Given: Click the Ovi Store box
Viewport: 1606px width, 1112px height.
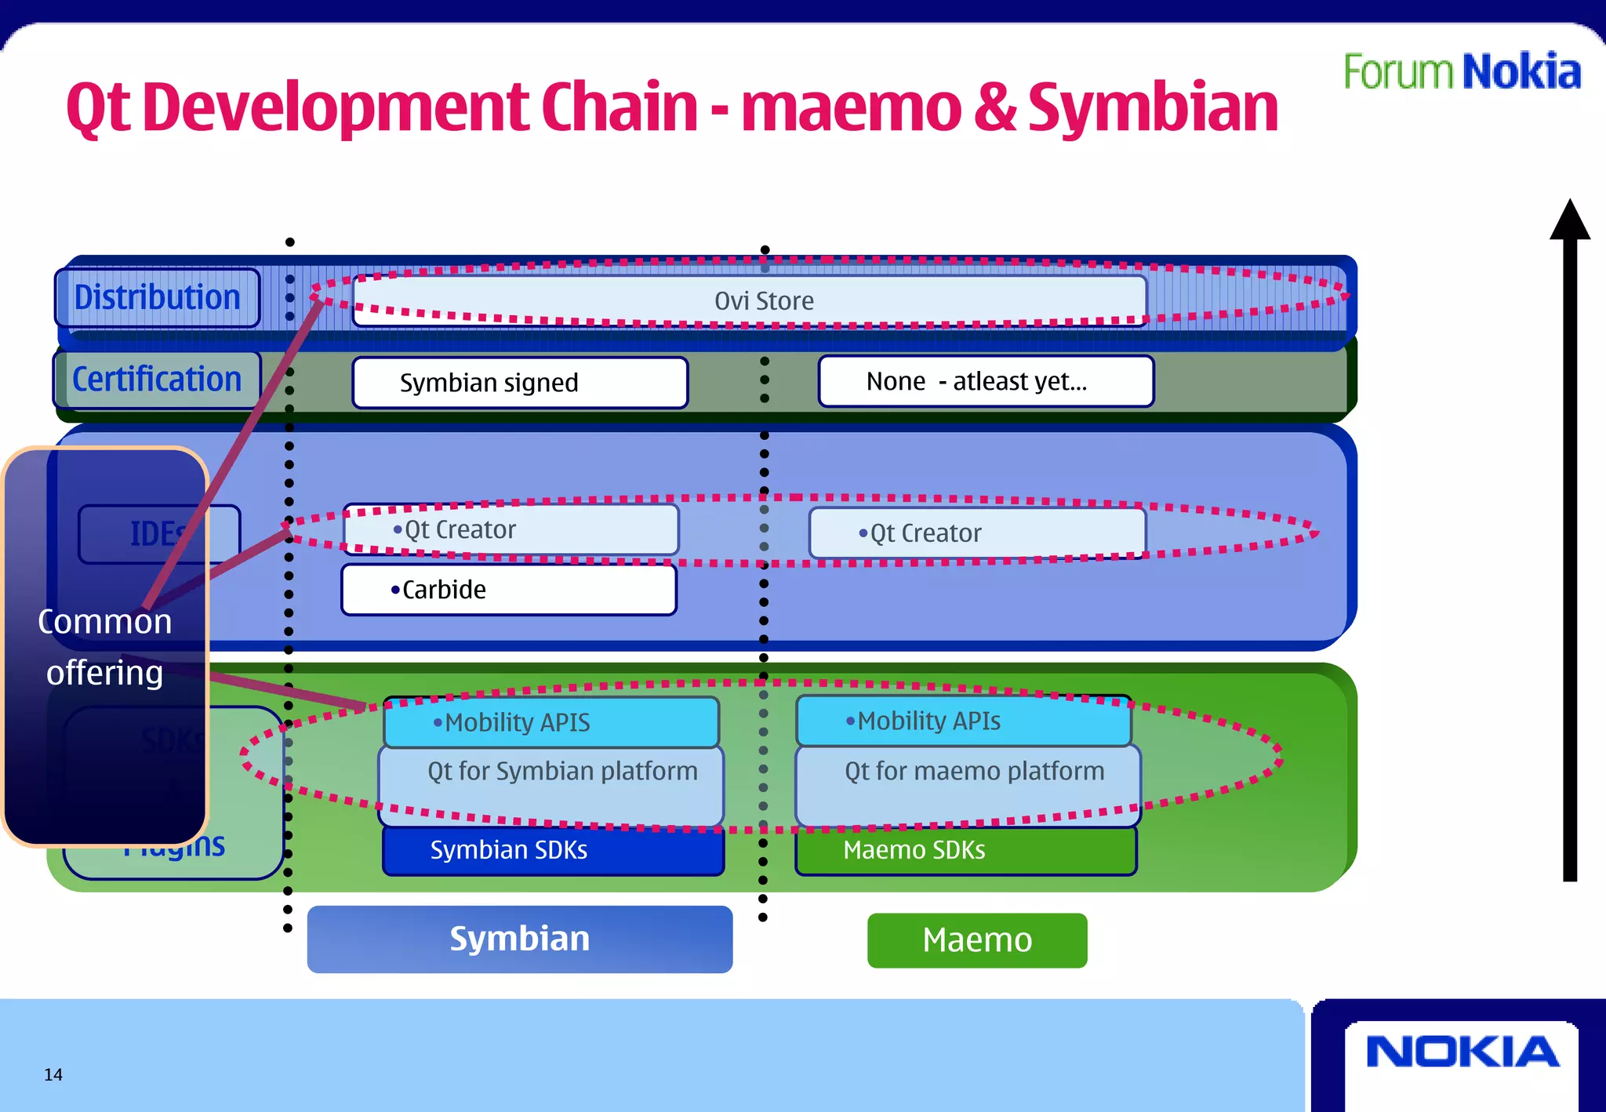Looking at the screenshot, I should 750,301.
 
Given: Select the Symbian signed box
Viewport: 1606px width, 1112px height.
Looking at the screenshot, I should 519,383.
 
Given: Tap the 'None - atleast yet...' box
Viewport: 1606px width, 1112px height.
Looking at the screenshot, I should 985,382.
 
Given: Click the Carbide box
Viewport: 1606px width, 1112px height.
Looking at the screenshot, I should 508,590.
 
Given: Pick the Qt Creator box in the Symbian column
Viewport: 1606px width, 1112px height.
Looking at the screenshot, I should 511,530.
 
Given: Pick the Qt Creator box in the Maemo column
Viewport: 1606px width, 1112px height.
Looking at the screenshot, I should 976,533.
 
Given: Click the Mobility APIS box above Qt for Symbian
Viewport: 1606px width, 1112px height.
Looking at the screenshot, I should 550,722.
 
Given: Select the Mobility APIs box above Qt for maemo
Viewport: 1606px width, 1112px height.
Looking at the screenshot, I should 963,721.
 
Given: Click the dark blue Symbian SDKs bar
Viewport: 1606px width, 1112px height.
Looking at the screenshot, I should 552,851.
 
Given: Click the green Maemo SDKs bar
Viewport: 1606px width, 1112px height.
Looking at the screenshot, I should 965,851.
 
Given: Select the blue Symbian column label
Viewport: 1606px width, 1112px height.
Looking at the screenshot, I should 519,939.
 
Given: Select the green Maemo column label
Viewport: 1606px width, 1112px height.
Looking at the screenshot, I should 976,940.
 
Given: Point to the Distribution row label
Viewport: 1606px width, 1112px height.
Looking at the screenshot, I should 157,298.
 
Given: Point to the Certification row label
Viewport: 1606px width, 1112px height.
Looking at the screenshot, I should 157,380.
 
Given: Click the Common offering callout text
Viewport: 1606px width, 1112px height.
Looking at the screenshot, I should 105,647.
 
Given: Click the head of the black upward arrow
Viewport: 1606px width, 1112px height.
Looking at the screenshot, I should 1569,220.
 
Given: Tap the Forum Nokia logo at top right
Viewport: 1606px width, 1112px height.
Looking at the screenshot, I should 1462,72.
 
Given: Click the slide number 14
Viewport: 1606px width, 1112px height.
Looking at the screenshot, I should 53,1075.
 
